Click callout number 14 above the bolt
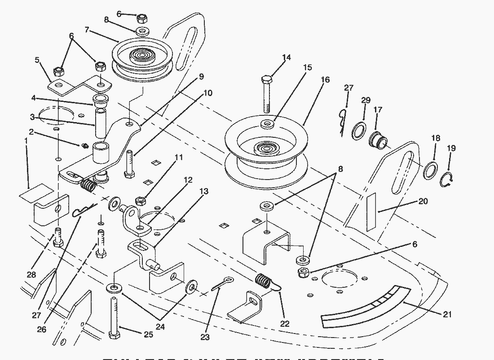click(x=286, y=57)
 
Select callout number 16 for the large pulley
click(x=325, y=80)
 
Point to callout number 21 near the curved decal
click(x=447, y=314)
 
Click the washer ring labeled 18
click(x=431, y=171)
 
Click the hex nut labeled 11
click(x=140, y=200)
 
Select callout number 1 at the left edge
click(x=26, y=141)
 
